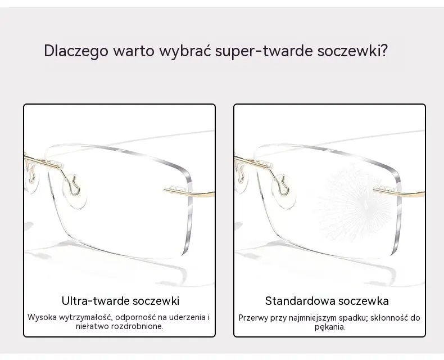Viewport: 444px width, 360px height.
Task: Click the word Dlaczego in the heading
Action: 76,51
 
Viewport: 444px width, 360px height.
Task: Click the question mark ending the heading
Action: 383,51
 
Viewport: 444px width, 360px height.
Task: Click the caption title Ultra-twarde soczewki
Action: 120,301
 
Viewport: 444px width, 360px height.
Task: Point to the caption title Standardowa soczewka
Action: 327,301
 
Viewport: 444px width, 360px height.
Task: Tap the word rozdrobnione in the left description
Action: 137,326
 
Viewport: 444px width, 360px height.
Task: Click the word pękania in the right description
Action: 329,327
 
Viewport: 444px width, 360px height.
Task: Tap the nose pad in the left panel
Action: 75,191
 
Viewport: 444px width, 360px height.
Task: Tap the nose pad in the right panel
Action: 284,191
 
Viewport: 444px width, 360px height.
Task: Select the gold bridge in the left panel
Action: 43,162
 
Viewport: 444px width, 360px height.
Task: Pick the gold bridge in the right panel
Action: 252,162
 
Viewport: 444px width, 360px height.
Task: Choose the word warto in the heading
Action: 133,51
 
